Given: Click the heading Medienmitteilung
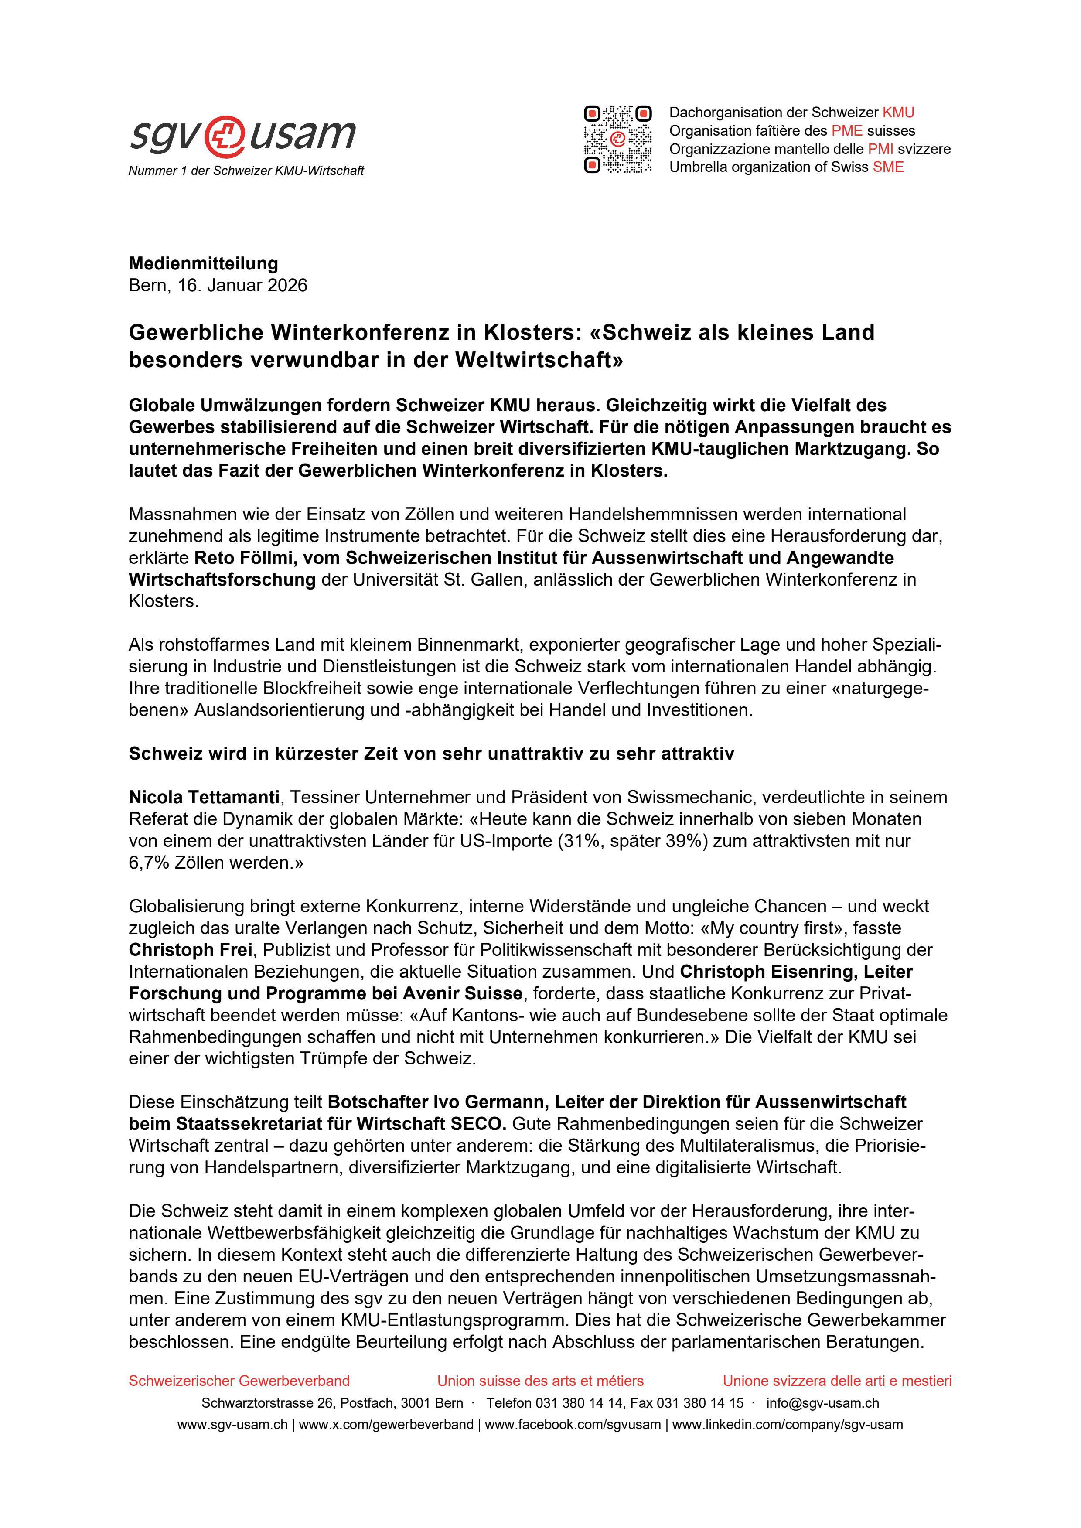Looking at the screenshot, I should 203,263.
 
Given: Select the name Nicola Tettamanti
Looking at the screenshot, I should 204,797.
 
